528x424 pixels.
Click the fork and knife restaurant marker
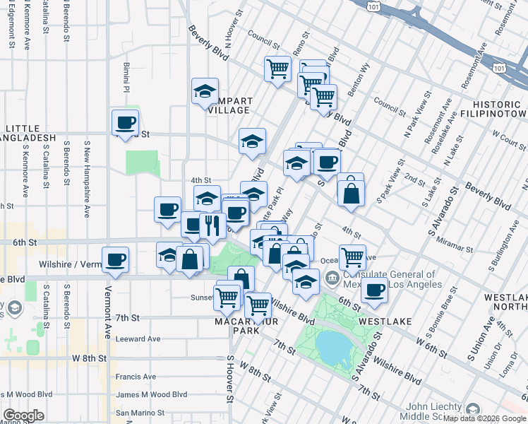point(212,225)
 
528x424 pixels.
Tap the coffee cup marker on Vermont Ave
point(115,259)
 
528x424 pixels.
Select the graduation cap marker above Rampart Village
point(205,91)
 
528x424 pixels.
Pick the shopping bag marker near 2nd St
point(351,191)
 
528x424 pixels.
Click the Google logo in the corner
point(23,416)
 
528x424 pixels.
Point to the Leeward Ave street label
point(138,338)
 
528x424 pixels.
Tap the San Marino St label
point(140,413)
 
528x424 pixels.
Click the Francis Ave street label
point(136,377)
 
